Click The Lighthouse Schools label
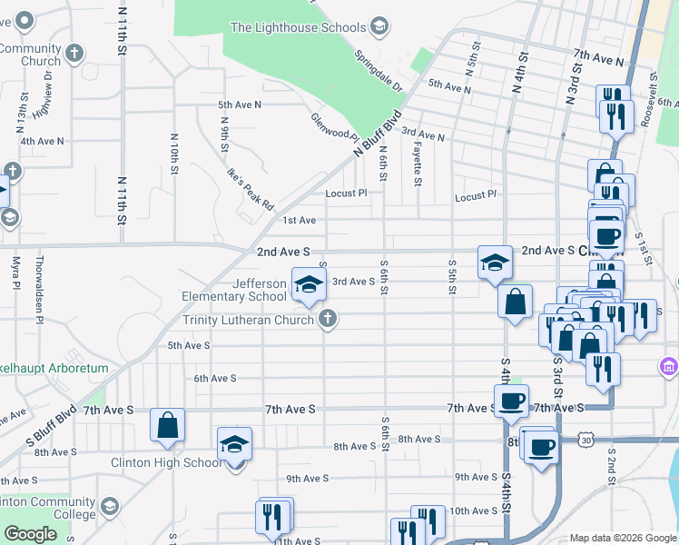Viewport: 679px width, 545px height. click(x=298, y=27)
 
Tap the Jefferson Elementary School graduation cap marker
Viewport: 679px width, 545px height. click(x=308, y=285)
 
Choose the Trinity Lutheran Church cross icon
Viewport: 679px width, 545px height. click(x=328, y=318)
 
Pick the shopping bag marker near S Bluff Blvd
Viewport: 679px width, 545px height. click(x=168, y=426)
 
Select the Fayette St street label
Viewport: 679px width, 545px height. click(x=417, y=158)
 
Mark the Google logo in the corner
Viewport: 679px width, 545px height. click(x=30, y=534)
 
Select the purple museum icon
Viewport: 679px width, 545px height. click(x=669, y=366)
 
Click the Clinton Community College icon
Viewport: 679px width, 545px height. click(x=110, y=506)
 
